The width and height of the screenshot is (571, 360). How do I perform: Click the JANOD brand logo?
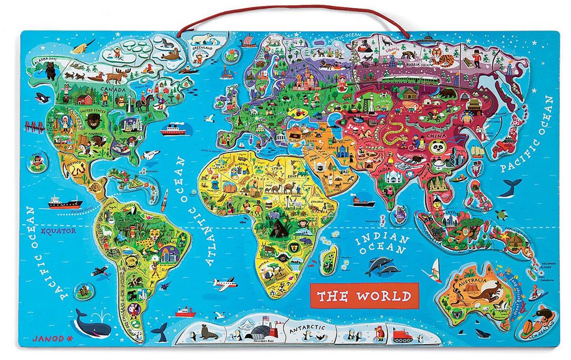[43, 339]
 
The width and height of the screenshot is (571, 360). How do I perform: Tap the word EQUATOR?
[58, 231]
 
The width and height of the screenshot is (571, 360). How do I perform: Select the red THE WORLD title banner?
[364, 296]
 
